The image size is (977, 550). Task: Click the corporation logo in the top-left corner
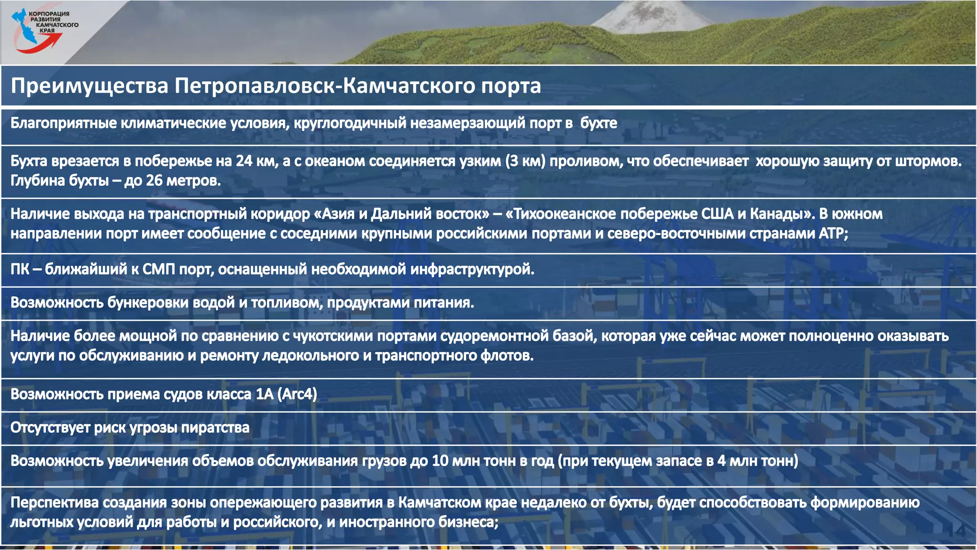point(43,30)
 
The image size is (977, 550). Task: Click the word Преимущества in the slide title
point(90,86)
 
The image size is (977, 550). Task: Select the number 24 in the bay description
point(244,161)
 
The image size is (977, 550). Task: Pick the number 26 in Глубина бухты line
point(154,181)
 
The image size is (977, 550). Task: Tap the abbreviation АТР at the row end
point(832,233)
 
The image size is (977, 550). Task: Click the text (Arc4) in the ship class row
point(297,394)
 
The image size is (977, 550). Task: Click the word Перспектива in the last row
point(55,503)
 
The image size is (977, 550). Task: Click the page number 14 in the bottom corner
point(956,530)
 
